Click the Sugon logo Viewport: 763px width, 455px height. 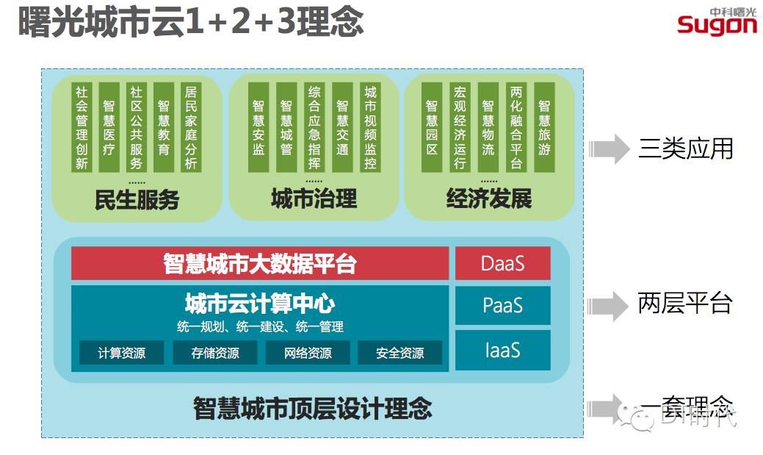tap(716, 21)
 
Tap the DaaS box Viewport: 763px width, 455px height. tap(502, 263)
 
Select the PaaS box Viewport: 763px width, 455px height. tap(502, 305)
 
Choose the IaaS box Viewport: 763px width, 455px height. tap(502, 350)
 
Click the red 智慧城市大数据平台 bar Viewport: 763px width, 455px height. tap(260, 263)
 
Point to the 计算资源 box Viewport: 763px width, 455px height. tap(122, 353)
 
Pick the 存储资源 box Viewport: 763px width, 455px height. tap(215, 353)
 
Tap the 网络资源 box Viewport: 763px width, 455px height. tap(308, 353)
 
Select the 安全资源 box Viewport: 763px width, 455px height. tap(400, 353)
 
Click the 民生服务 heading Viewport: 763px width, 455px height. tap(137, 199)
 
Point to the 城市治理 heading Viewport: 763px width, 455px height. tap(314, 198)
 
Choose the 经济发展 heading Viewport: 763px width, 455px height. tap(488, 198)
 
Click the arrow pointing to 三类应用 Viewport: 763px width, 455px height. tap(609, 149)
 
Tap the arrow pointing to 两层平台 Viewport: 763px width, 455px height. tap(609, 304)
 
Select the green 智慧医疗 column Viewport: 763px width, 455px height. tap(109, 127)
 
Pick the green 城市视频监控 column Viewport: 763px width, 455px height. tap(370, 127)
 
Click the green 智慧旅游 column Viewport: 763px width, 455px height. tap(544, 127)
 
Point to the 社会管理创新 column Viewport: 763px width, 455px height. tap(82, 127)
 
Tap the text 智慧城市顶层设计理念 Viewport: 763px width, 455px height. tap(312, 408)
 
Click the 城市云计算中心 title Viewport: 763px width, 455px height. tap(260, 304)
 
